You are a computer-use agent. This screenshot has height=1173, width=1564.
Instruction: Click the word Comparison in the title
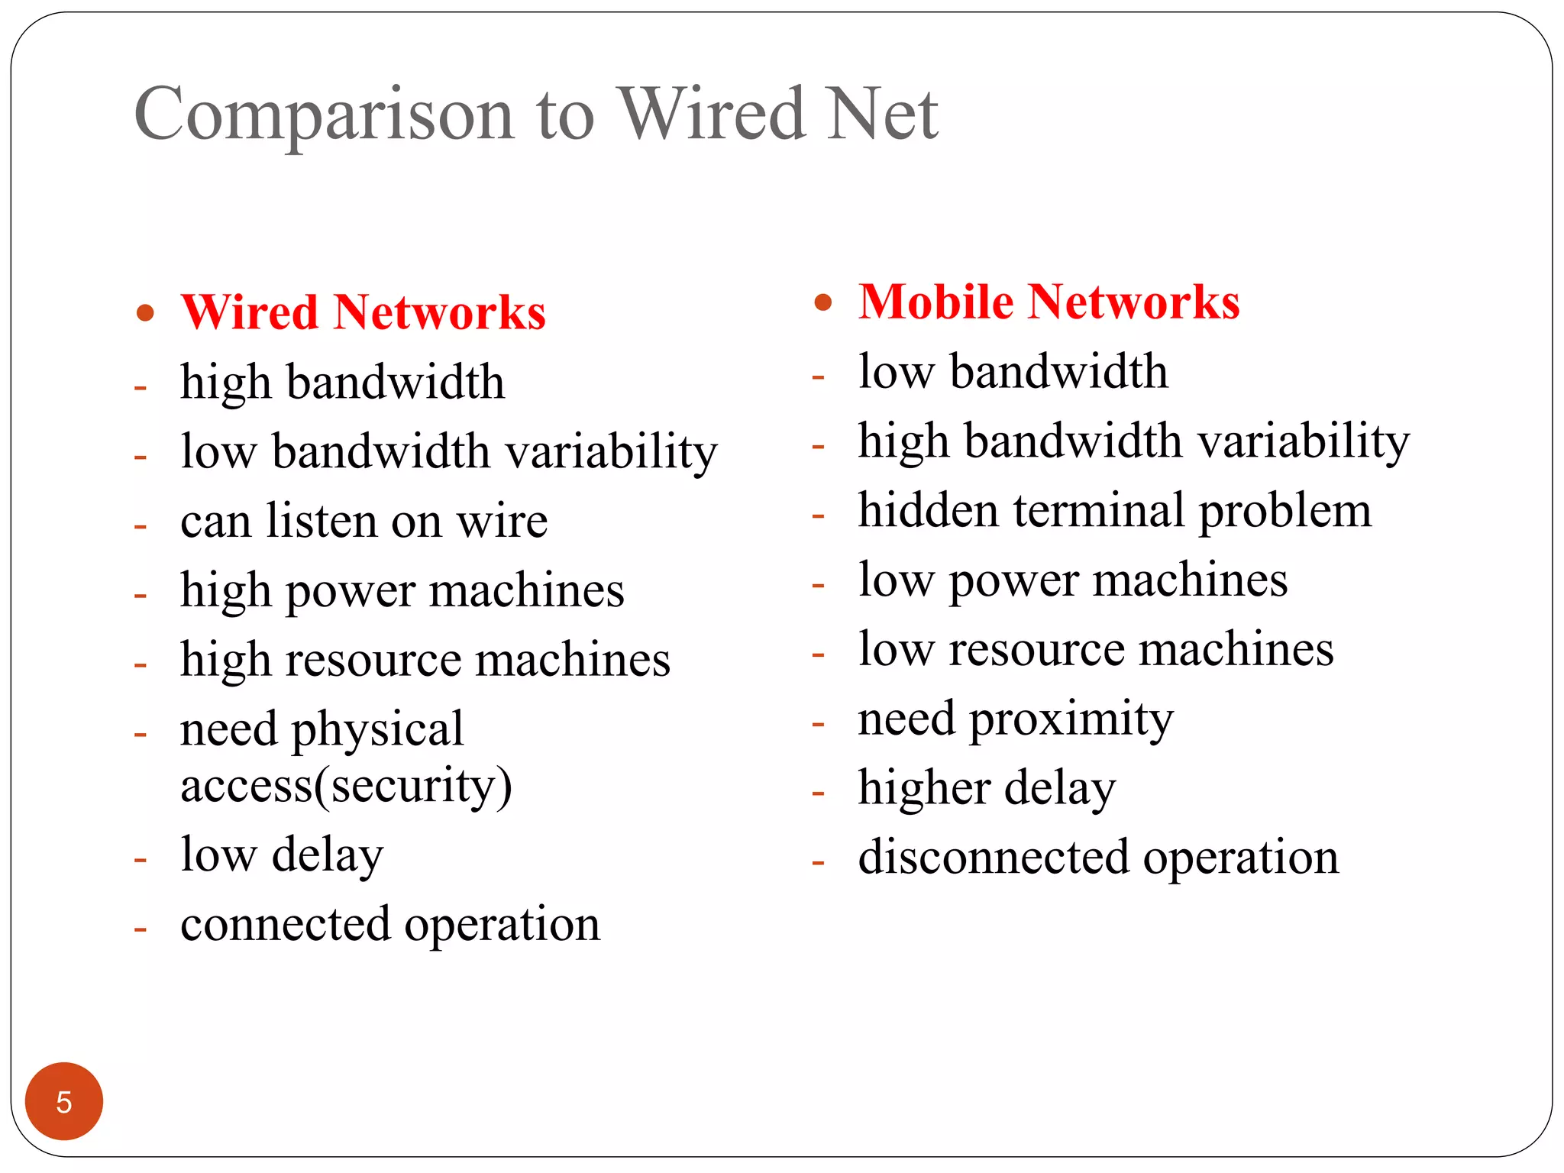[324, 115]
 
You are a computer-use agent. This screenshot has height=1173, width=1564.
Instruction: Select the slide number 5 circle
[64, 1101]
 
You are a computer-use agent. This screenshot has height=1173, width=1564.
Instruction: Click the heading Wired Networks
[364, 312]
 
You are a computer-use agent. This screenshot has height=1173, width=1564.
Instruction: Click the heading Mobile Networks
[1049, 302]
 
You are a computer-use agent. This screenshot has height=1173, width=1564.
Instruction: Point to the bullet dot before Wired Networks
[145, 313]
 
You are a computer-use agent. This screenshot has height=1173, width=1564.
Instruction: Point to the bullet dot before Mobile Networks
[822, 302]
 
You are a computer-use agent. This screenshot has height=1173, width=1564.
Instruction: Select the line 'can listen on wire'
[364, 521]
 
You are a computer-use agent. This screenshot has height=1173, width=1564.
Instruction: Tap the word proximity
[1071, 719]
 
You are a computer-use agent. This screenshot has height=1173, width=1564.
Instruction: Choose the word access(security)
[346, 786]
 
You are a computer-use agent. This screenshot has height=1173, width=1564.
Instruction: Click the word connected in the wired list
[285, 924]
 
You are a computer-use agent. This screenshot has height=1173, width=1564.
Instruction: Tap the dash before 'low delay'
[140, 860]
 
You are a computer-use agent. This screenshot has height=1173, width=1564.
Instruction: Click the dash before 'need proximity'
[818, 723]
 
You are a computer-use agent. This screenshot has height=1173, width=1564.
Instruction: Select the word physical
[377, 729]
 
